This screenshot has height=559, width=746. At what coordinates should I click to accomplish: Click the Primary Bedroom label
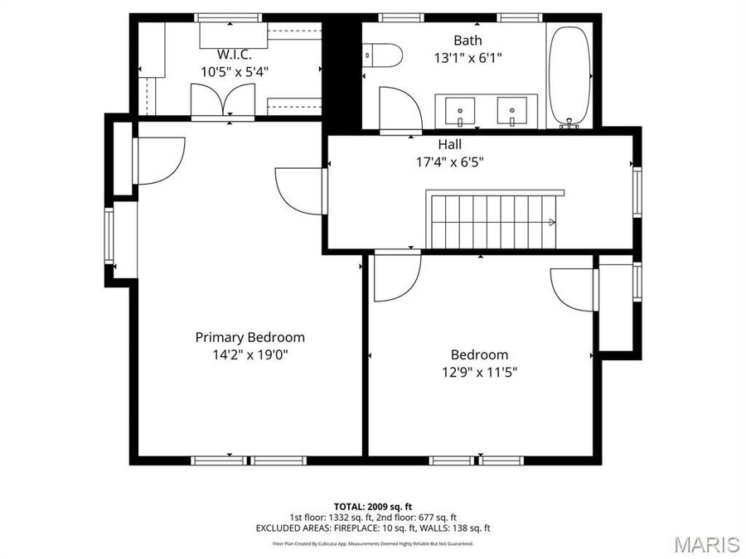pyautogui.click(x=249, y=337)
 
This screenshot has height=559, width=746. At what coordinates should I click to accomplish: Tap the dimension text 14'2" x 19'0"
pyautogui.click(x=249, y=354)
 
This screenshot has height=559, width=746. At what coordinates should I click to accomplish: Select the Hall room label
pyautogui.click(x=450, y=145)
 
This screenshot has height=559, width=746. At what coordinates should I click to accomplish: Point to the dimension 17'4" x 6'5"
pyautogui.click(x=450, y=162)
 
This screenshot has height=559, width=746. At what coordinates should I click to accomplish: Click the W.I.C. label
pyautogui.click(x=234, y=54)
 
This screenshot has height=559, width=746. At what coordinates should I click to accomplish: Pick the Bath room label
pyautogui.click(x=467, y=40)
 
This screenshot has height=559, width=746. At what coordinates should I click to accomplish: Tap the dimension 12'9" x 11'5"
pyautogui.click(x=480, y=372)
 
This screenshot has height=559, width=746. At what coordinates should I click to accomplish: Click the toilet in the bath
pyautogui.click(x=384, y=55)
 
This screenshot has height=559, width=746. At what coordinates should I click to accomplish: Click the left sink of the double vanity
pyautogui.click(x=460, y=109)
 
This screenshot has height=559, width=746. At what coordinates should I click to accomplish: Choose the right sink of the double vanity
pyautogui.click(x=511, y=109)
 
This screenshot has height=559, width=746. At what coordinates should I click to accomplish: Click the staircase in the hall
pyautogui.click(x=494, y=220)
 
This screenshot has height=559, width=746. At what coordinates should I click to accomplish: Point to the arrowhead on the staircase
pyautogui.click(x=551, y=222)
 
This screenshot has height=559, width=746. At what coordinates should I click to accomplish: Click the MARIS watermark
pyautogui.click(x=706, y=544)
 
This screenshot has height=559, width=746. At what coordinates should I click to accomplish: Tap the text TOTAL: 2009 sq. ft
pyautogui.click(x=372, y=506)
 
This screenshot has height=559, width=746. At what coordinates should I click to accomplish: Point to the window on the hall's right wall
pyautogui.click(x=637, y=192)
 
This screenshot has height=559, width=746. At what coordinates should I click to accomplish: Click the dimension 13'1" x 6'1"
pyautogui.click(x=467, y=58)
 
